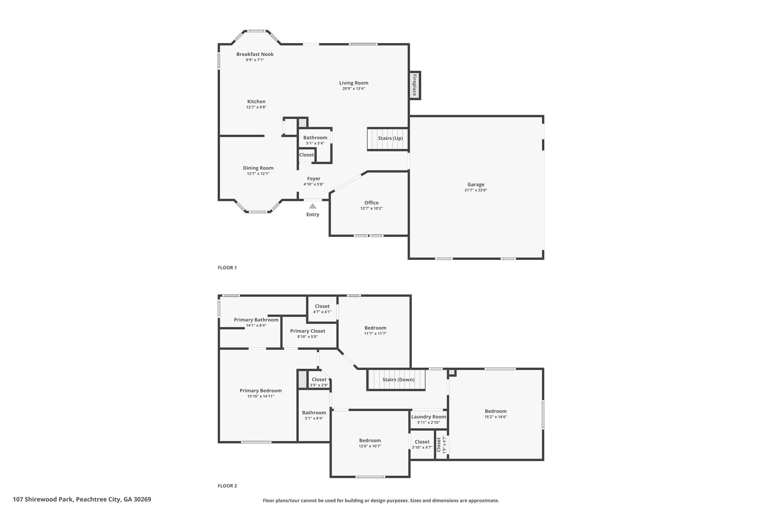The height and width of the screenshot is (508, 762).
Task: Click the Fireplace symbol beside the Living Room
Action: click(x=414, y=85)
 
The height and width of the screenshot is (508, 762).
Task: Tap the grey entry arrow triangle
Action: click(x=313, y=206)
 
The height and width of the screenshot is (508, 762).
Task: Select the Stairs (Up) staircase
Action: click(x=388, y=139)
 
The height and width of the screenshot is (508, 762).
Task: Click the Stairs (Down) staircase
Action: click(x=397, y=380)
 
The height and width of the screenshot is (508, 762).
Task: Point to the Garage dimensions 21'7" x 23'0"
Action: click(x=476, y=190)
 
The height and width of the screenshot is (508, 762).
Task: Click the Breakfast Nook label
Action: click(x=255, y=54)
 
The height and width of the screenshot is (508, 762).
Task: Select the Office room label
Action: click(x=371, y=203)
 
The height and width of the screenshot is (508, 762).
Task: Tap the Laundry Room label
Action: click(x=429, y=417)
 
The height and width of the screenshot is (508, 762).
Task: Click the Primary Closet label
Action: click(x=308, y=331)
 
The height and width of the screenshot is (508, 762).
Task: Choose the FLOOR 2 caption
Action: click(x=227, y=486)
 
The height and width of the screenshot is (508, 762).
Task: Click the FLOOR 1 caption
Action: click(x=227, y=268)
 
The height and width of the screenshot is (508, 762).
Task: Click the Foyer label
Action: click(x=314, y=179)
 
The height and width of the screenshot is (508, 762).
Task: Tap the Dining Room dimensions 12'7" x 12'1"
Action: click(x=258, y=174)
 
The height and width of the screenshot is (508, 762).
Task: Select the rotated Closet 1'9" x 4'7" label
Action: click(x=441, y=444)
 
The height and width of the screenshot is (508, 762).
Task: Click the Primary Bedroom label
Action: click(x=260, y=391)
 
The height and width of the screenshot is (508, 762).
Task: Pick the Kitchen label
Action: click(x=256, y=102)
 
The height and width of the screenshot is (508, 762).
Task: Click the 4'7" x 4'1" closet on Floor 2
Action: click(x=322, y=309)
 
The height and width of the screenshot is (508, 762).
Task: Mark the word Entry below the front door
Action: click(x=313, y=215)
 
